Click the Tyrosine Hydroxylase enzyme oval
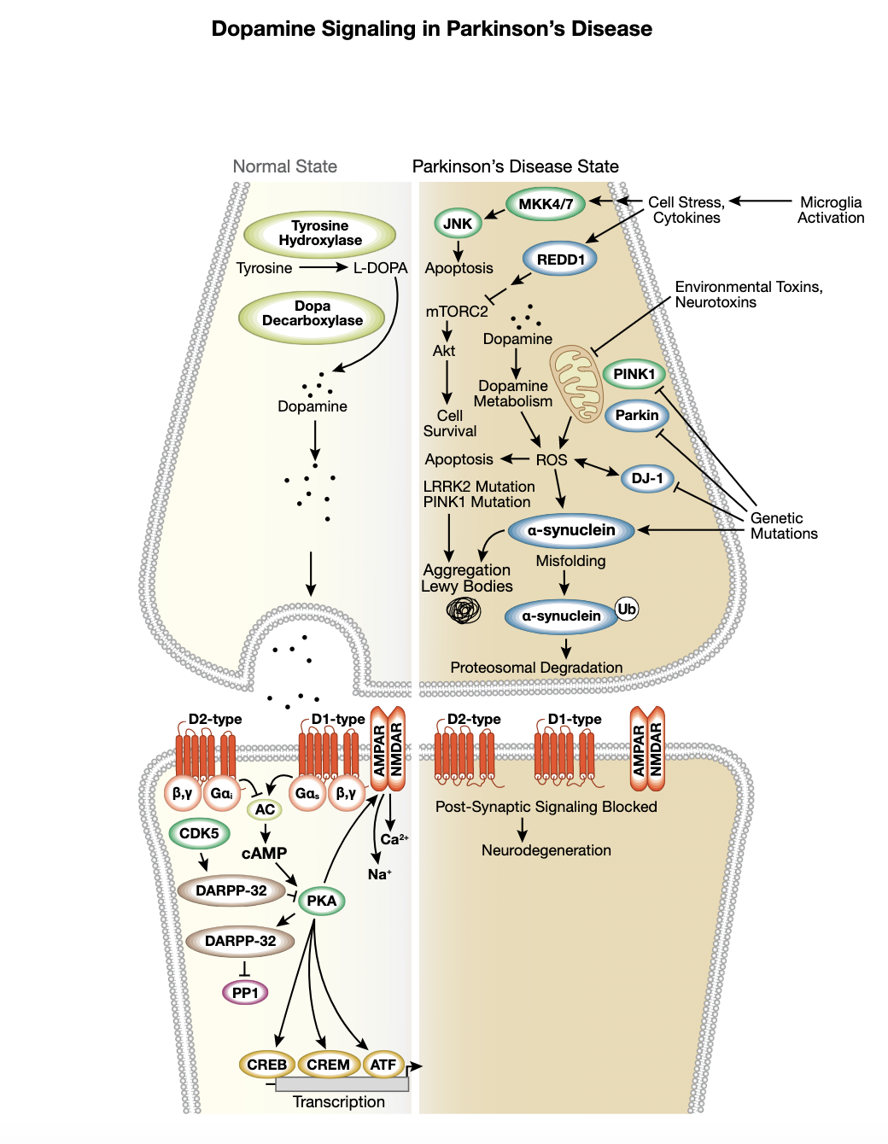point(319,233)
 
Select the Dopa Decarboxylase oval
point(312,314)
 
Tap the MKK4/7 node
point(546,204)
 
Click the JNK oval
point(458,224)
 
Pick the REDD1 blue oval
point(560,260)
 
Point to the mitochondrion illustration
point(576,383)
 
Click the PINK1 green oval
point(634,374)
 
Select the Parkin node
point(637,416)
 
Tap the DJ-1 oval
point(647,478)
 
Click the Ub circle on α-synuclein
point(627,609)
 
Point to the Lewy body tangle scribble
point(464,610)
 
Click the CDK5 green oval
point(199,833)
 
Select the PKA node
point(322,901)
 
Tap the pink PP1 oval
point(245,993)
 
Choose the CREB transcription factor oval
point(267,1065)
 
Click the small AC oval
point(265,809)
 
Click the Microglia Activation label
point(831,210)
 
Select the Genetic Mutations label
point(783,526)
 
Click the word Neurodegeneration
point(546,850)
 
